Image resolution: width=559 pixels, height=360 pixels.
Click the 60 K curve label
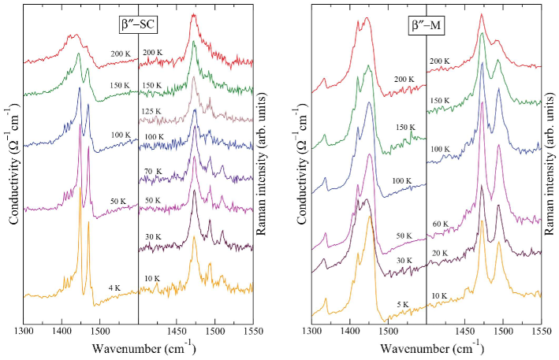(440, 225)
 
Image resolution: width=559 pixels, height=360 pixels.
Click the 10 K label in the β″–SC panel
(152, 278)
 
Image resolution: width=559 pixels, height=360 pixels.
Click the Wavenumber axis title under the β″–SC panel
(136, 347)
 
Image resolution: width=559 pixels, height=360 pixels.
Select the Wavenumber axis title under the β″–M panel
(426, 347)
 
